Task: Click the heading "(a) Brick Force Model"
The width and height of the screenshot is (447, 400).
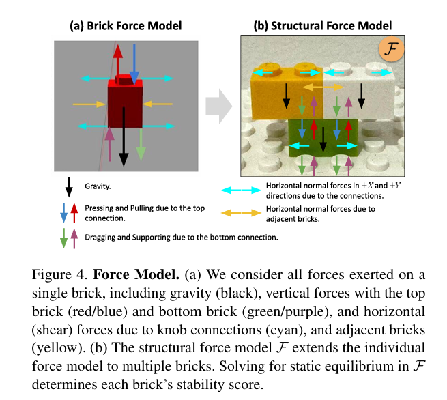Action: click(x=126, y=26)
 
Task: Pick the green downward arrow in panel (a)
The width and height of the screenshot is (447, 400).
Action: click(x=141, y=143)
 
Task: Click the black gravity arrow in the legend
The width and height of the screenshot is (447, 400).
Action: click(x=69, y=186)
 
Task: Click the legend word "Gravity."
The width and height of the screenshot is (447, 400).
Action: click(x=99, y=186)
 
